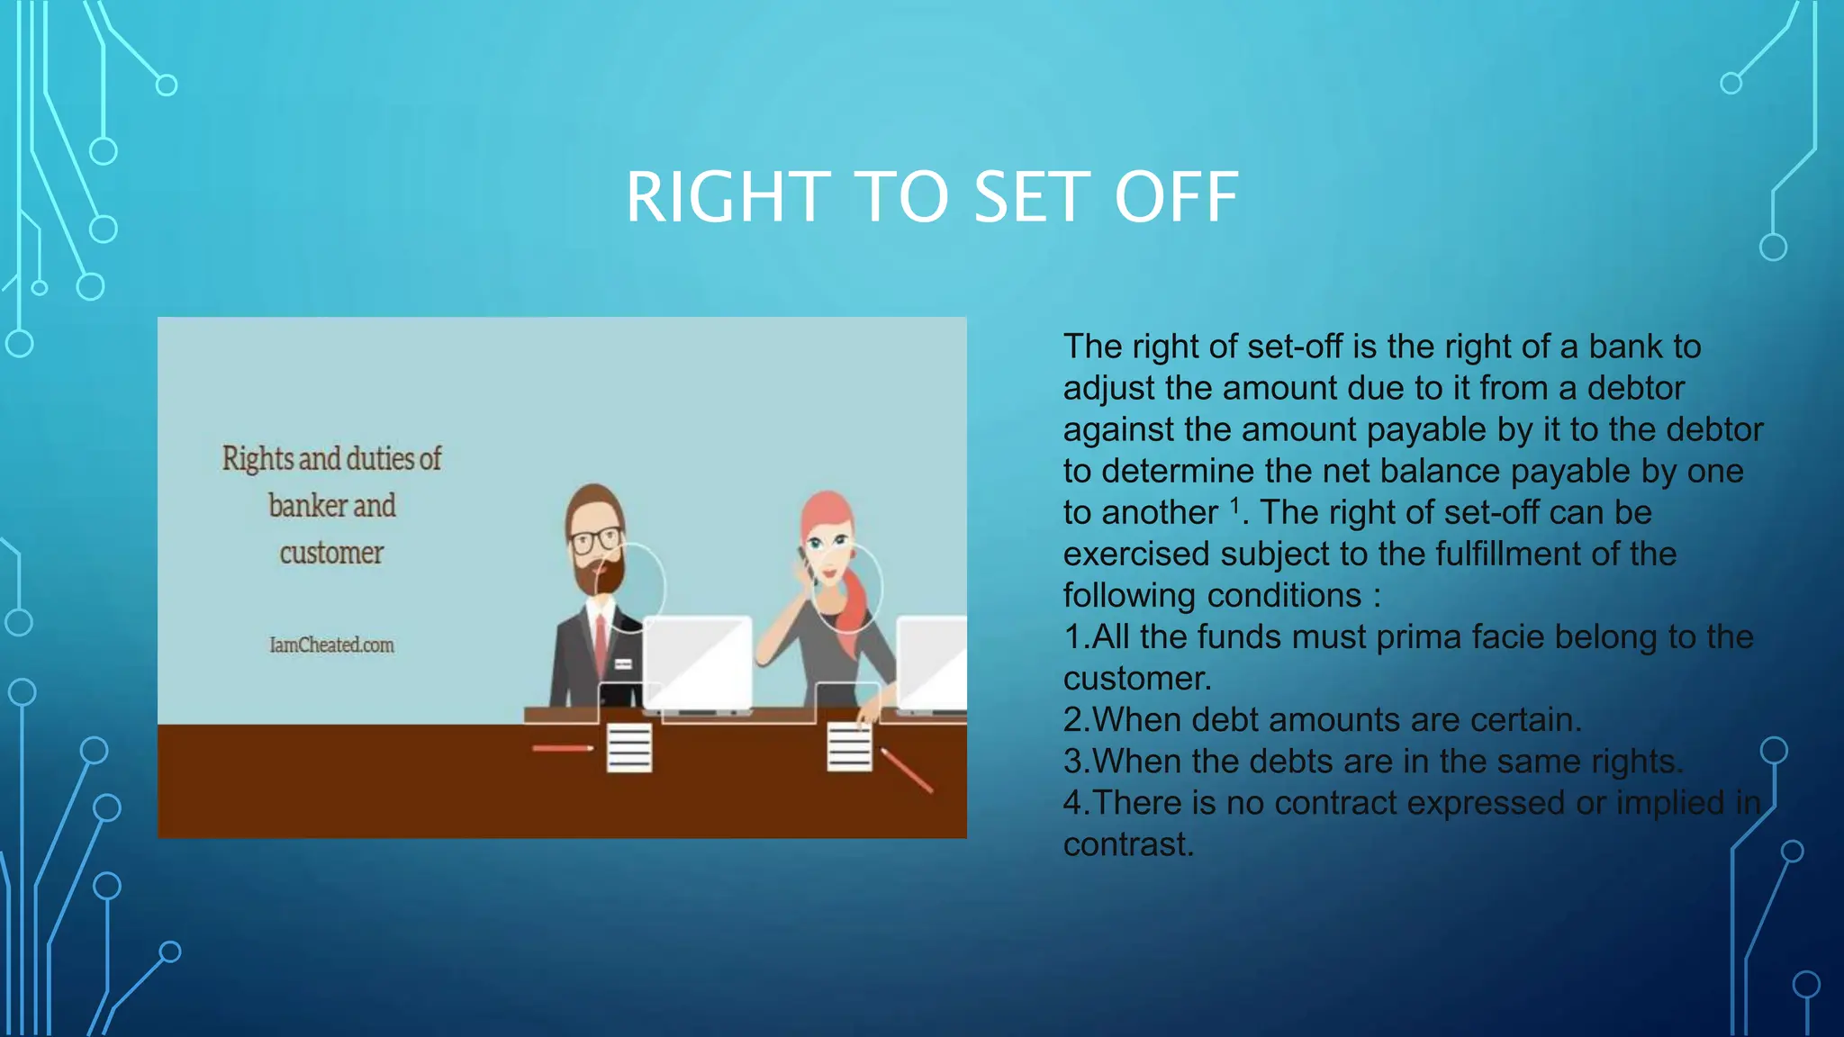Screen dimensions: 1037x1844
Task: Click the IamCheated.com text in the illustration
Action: coord(331,645)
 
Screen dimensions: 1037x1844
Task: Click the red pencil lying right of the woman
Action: coord(906,770)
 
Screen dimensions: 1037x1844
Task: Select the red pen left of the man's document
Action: coord(562,748)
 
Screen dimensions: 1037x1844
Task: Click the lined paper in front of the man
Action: coord(628,748)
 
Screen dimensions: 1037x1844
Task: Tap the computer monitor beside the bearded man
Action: coord(698,663)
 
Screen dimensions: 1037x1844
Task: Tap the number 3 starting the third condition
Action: coord(1072,762)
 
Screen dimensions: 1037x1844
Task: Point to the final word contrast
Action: coord(1127,844)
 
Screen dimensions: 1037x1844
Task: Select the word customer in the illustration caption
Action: coord(331,553)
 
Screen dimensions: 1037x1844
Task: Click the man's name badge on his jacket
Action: coord(623,664)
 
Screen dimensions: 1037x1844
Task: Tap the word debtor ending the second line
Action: coord(1635,389)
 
